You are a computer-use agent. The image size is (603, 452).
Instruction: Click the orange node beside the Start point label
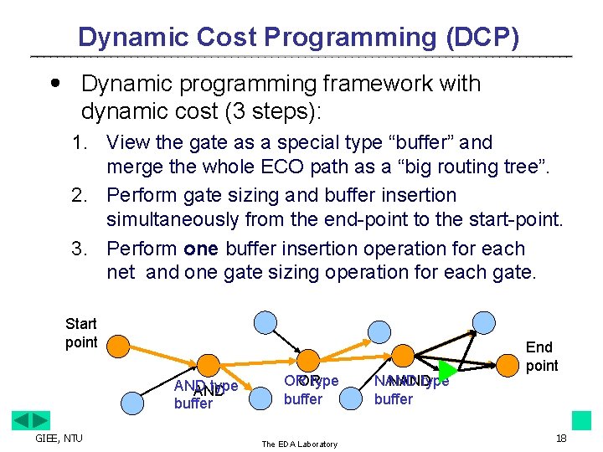119,345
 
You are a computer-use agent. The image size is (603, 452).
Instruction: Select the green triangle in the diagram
448,369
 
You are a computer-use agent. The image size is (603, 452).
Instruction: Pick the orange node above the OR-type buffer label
307,361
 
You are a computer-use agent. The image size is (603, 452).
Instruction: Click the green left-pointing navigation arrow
21,420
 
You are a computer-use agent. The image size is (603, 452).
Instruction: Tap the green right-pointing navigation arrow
40,420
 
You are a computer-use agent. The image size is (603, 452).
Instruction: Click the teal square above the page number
581,420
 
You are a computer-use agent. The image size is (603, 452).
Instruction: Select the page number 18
561,439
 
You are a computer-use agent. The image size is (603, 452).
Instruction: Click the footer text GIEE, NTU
58,438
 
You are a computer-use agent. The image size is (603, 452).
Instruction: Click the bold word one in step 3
199,249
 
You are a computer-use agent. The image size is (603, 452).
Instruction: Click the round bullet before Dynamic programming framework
55,83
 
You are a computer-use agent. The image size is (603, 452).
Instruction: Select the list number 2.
79,196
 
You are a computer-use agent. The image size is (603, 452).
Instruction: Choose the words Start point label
81,333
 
